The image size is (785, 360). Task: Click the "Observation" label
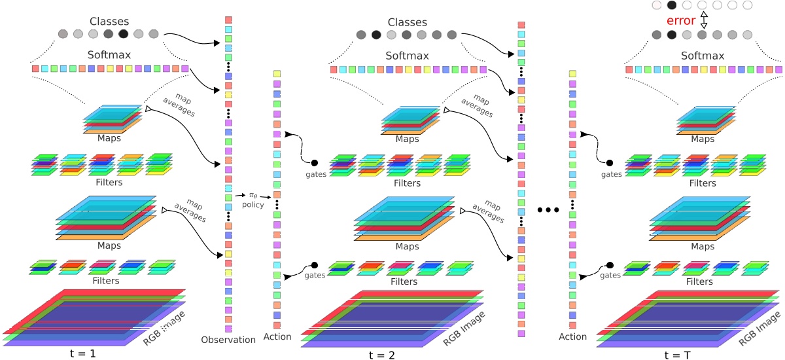[x=229, y=340]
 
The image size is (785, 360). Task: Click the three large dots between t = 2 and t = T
[x=547, y=210]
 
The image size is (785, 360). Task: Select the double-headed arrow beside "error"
[x=704, y=20]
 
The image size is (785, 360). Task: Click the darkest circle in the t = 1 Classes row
[x=123, y=33]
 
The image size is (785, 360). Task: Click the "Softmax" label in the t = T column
[x=703, y=56]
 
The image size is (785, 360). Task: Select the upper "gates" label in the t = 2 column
[x=316, y=175]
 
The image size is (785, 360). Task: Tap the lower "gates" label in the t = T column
[x=610, y=276]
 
